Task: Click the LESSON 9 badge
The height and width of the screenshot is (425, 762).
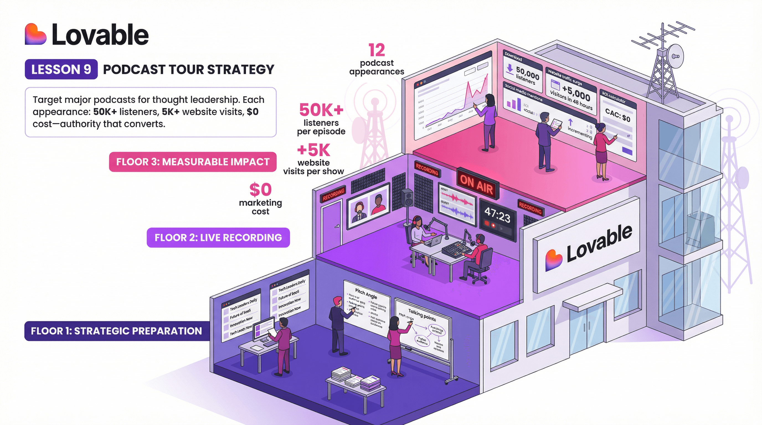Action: pyautogui.click(x=61, y=69)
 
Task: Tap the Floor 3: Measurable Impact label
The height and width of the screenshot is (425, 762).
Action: pyautogui.click(x=192, y=162)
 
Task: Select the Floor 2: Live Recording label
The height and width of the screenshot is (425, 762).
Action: pyautogui.click(x=218, y=237)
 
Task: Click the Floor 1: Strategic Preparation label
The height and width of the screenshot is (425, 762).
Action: pyautogui.click(x=117, y=331)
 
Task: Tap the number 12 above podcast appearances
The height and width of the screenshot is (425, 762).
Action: pyautogui.click(x=377, y=50)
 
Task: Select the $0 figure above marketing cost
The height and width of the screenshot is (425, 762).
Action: pyautogui.click(x=260, y=190)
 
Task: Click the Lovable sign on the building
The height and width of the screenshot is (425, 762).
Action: pyautogui.click(x=589, y=245)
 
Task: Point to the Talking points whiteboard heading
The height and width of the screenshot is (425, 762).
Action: pyautogui.click(x=422, y=315)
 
